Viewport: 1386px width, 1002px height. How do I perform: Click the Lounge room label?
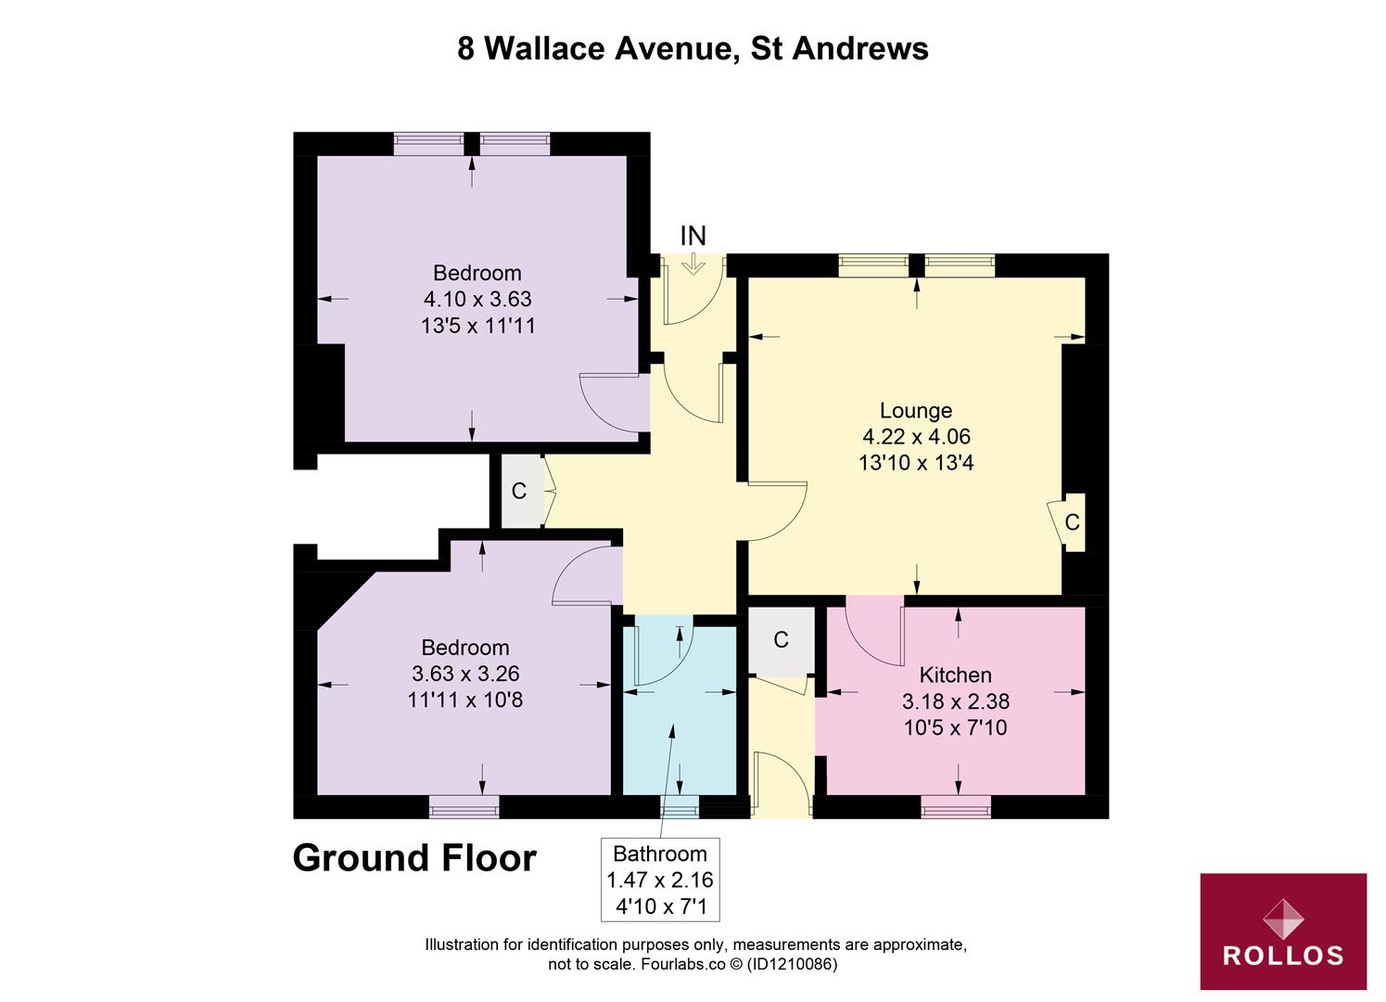tap(915, 410)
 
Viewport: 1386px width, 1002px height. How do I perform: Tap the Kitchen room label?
tap(955, 674)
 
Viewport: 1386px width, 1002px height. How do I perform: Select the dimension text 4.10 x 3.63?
tap(477, 299)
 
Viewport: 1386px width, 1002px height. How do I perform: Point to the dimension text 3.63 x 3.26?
tap(464, 674)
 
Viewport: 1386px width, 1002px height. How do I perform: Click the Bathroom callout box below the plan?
tap(660, 880)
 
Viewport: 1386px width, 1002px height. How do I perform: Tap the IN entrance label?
tap(693, 237)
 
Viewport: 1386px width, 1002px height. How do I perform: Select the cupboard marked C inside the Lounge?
tap(1072, 522)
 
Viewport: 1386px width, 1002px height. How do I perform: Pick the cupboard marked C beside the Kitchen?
tap(781, 639)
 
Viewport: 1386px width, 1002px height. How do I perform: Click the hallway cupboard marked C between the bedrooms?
tap(519, 491)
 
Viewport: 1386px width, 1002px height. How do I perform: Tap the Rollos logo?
tap(1283, 931)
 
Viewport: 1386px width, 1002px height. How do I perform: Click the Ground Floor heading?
tap(414, 858)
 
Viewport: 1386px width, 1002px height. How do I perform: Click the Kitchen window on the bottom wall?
tap(955, 808)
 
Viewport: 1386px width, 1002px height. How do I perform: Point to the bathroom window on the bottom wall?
tap(680, 808)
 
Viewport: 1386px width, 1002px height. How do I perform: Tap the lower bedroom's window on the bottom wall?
tap(464, 807)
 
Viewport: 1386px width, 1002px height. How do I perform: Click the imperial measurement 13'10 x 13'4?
tap(915, 462)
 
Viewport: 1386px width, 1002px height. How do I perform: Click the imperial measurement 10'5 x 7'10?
tap(955, 727)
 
